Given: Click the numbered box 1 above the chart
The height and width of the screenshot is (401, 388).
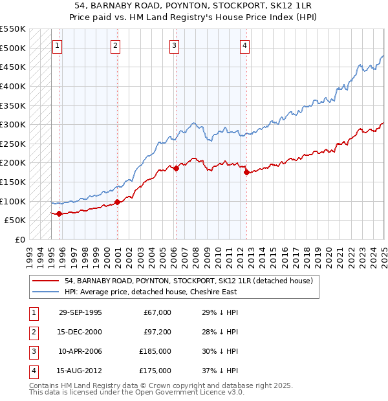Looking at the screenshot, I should tap(58, 45).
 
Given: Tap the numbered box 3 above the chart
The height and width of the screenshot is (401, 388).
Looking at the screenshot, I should tap(175, 45).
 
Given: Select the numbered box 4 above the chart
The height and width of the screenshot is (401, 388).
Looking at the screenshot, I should tap(246, 45).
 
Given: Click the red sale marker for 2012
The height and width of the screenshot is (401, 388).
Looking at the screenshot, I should tap(246, 172).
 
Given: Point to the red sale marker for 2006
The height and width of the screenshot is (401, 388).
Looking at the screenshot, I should tap(176, 168).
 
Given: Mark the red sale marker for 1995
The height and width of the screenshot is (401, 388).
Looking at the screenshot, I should tap(59, 213).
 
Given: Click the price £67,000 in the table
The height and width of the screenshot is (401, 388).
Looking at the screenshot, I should tap(157, 312).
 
